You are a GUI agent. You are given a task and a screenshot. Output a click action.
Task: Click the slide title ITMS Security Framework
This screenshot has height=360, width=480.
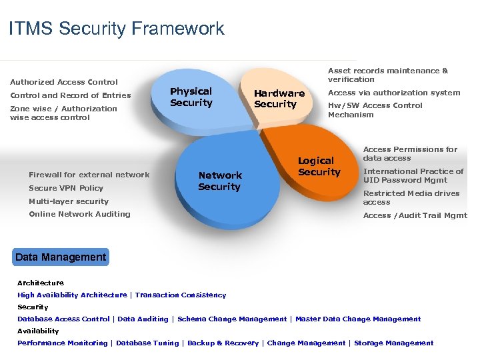point(117,29)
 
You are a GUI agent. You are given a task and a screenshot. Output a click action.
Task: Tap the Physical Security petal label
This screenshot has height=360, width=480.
point(191,97)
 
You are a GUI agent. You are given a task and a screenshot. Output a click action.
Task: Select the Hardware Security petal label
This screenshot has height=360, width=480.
point(279,99)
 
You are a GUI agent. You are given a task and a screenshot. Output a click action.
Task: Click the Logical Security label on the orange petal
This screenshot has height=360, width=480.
point(319,166)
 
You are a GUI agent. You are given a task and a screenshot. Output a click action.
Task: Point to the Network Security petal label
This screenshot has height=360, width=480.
point(219,181)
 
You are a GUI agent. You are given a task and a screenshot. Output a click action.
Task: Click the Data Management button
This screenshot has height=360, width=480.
point(61,257)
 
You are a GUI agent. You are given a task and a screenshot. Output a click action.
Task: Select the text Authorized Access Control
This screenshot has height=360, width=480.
point(64,82)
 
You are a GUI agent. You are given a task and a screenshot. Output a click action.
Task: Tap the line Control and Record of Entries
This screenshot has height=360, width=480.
point(71,95)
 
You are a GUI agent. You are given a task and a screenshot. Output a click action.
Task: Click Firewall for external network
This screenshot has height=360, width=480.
point(89,175)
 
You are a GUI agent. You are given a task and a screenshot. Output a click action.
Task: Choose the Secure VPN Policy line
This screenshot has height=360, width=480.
point(66,188)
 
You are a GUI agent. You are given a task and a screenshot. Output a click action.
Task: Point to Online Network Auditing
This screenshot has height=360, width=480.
point(79,214)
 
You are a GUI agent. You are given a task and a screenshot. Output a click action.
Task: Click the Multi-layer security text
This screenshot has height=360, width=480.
point(69,201)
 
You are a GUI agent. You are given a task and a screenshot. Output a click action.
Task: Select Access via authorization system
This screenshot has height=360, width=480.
point(394,93)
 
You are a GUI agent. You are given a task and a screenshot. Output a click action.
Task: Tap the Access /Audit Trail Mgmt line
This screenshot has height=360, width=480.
point(415,215)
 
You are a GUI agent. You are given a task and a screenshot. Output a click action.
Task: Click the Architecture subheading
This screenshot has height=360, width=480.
point(41,283)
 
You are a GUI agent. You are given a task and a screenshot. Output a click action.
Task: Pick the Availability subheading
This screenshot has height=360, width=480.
point(38,331)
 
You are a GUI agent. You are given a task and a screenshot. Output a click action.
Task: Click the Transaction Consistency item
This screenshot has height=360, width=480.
point(181,295)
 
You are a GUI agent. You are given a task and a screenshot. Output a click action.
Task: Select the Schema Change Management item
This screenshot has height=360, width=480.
point(232,319)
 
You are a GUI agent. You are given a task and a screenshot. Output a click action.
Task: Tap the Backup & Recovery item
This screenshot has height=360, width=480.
point(223,343)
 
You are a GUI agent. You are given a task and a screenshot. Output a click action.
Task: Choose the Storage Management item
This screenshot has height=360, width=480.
point(393,343)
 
